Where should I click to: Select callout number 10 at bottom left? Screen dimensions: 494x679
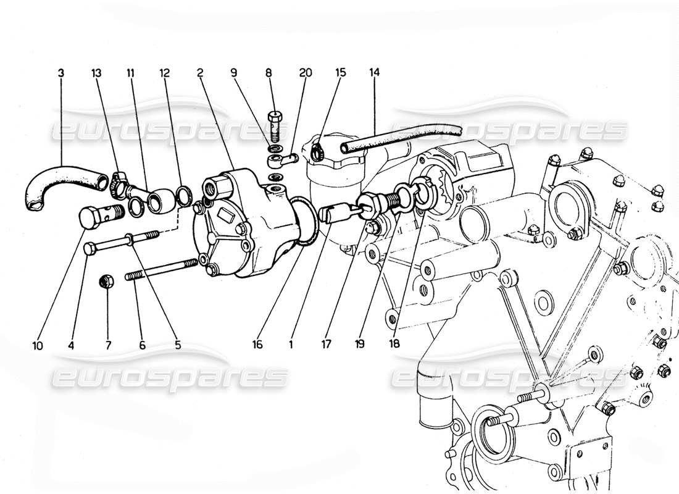click(x=38, y=345)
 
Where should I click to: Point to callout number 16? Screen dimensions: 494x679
click(x=257, y=345)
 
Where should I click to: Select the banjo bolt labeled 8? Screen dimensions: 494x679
click(x=276, y=123)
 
